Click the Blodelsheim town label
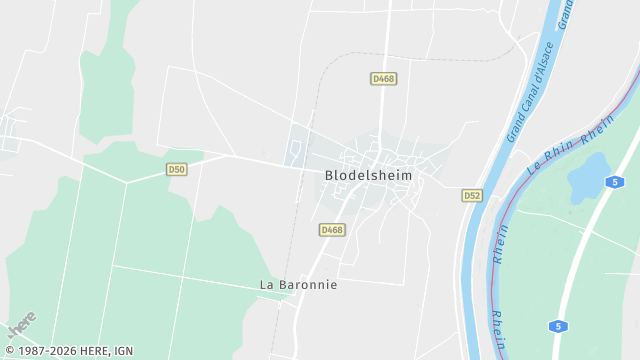[368, 175]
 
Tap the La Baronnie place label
[298, 285]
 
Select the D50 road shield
[177, 170]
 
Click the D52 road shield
[472, 195]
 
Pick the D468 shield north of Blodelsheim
[382, 78]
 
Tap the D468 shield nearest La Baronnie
[332, 230]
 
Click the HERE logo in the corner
[21, 326]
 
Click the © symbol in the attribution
[9, 351]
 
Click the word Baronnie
[309, 285]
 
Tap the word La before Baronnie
[267, 285]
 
